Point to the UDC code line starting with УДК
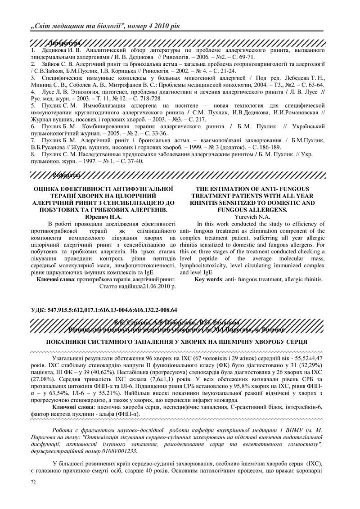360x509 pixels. pyautogui.click(x=104, y=310)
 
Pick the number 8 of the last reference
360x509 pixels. pyautogui.click(x=33, y=153)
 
